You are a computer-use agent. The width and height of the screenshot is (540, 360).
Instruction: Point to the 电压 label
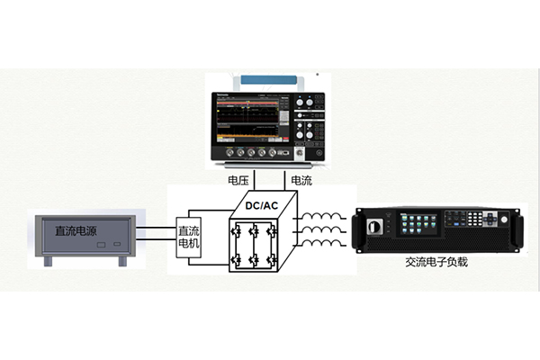[x=238, y=180]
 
